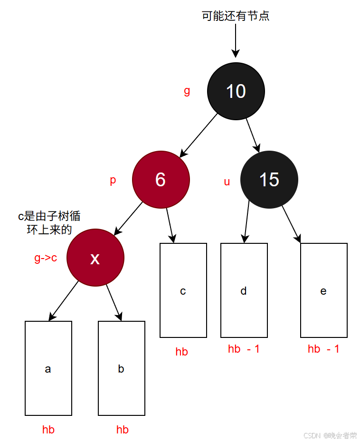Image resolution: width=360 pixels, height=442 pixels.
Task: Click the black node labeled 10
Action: point(236,91)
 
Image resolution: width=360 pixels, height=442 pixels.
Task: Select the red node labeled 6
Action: point(161,180)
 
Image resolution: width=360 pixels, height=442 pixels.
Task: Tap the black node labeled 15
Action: point(269,180)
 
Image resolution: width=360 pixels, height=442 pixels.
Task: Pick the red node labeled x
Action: point(95,258)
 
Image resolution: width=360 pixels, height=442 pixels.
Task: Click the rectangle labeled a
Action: point(48,368)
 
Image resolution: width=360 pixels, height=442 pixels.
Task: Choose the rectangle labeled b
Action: point(121,368)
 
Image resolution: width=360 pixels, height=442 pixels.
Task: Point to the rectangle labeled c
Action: point(183,290)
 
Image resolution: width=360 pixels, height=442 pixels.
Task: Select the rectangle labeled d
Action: point(244,290)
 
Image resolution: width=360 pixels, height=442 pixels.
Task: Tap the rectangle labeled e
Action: point(323,290)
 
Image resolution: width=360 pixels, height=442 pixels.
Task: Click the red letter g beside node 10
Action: point(187,91)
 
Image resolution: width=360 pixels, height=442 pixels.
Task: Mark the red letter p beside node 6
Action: point(113,181)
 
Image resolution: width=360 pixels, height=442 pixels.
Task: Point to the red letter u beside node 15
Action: point(227,182)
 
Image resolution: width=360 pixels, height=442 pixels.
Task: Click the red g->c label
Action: point(46,258)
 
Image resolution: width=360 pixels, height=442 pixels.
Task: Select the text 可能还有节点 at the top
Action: point(236,16)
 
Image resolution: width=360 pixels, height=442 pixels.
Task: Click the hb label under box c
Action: point(181,352)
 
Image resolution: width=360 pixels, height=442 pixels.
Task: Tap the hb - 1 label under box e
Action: point(323,349)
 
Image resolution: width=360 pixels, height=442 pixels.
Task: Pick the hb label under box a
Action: point(48,430)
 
